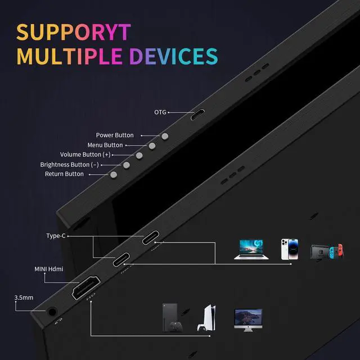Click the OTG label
[160, 112]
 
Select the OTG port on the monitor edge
[197, 116]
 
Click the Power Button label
[115, 135]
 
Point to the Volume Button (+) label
[85, 155]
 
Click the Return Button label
[64, 174]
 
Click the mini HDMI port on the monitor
[85, 288]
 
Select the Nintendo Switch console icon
[326, 251]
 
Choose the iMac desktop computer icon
[247, 318]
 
